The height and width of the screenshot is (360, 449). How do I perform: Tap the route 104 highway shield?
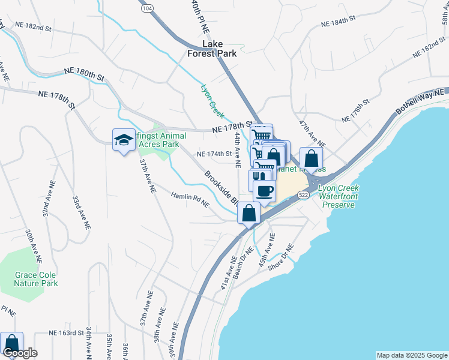click(x=147, y=8)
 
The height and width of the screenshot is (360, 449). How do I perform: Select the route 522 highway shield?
click(x=304, y=195)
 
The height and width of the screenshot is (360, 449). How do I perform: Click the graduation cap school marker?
click(x=124, y=140)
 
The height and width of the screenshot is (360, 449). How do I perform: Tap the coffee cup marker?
click(x=264, y=191)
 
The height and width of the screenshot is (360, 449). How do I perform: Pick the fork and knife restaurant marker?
click(x=258, y=178)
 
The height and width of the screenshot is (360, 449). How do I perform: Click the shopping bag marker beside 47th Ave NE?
click(x=311, y=160)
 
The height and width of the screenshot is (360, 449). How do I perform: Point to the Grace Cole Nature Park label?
click(x=37, y=279)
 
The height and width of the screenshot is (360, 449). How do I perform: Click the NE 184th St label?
click(x=339, y=22)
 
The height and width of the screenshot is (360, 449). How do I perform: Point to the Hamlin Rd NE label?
click(x=190, y=200)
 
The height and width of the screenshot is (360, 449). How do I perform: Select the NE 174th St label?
click(x=214, y=154)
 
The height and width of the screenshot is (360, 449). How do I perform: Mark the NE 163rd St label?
click(x=65, y=332)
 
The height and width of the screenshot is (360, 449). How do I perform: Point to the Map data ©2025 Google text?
click(x=411, y=355)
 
